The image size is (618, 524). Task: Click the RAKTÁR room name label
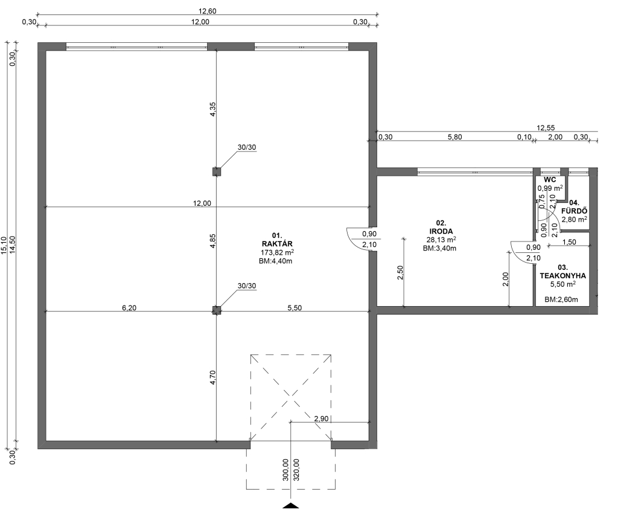[276, 244]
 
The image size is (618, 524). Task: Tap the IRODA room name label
[441, 231]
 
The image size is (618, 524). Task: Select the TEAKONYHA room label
[562, 276]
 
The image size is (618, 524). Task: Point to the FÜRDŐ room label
[575, 211]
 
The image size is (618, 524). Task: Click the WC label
[549, 180]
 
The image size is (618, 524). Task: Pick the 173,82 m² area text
[277, 253]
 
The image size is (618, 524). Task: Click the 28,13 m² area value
[441, 240]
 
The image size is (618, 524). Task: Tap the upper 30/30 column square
[217, 171]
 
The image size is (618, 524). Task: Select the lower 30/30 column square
[217, 310]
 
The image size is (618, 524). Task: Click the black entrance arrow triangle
[290, 506]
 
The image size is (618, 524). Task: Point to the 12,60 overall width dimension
[208, 11]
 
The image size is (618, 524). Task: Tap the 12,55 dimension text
[546, 128]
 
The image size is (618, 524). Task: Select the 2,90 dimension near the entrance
[321, 419]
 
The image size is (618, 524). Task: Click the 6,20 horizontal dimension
[129, 307]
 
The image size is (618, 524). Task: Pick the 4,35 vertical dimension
[212, 109]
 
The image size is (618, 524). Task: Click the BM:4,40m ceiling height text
[275, 261]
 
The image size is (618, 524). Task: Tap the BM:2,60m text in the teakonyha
[561, 299]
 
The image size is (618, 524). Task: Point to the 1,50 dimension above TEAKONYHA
[569, 242]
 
